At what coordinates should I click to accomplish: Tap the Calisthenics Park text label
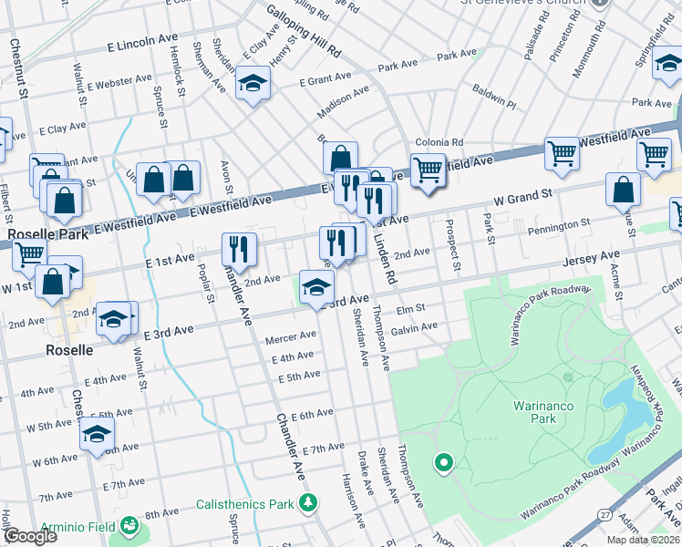pos(247,504)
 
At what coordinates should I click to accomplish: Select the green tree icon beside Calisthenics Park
pos(309,502)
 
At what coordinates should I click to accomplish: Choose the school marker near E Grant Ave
pos(252,84)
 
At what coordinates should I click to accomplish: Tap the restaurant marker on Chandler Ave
pos(239,249)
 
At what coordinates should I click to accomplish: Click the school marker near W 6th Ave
pos(97,435)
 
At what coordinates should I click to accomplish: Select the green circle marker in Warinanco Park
pos(444,463)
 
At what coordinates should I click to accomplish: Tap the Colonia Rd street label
pos(439,142)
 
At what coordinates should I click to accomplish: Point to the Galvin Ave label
pos(415,326)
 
